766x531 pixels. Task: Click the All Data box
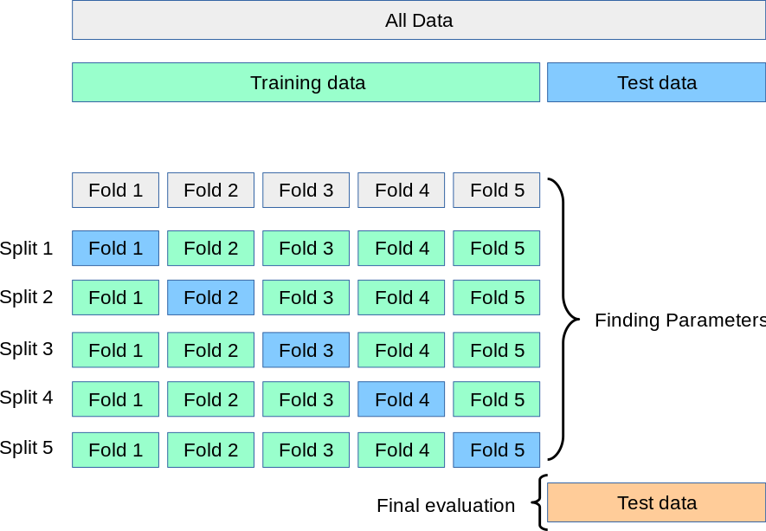coord(419,20)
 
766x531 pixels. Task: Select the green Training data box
coord(306,82)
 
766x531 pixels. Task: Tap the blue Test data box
coord(656,82)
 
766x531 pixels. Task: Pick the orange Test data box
coord(656,502)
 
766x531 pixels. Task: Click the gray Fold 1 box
coord(116,190)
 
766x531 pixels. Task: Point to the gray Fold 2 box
coord(211,190)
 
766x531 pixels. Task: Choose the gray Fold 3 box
coord(306,190)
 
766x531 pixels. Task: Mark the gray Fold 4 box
coord(402,190)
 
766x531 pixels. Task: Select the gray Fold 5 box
coord(497,190)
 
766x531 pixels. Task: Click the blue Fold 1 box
coord(116,249)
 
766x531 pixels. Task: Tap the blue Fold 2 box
coord(211,297)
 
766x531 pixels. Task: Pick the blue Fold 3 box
coord(306,350)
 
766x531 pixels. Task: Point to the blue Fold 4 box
coord(402,399)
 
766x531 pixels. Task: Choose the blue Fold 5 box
coord(497,450)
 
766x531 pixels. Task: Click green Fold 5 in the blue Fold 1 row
coord(497,249)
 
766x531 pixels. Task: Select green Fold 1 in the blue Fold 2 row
coord(116,297)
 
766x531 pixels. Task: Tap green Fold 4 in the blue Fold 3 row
coord(402,350)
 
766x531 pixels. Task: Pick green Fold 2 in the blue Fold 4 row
coord(211,399)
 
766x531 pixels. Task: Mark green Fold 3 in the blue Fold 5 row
coord(306,450)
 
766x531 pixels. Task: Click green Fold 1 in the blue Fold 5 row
coord(116,450)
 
